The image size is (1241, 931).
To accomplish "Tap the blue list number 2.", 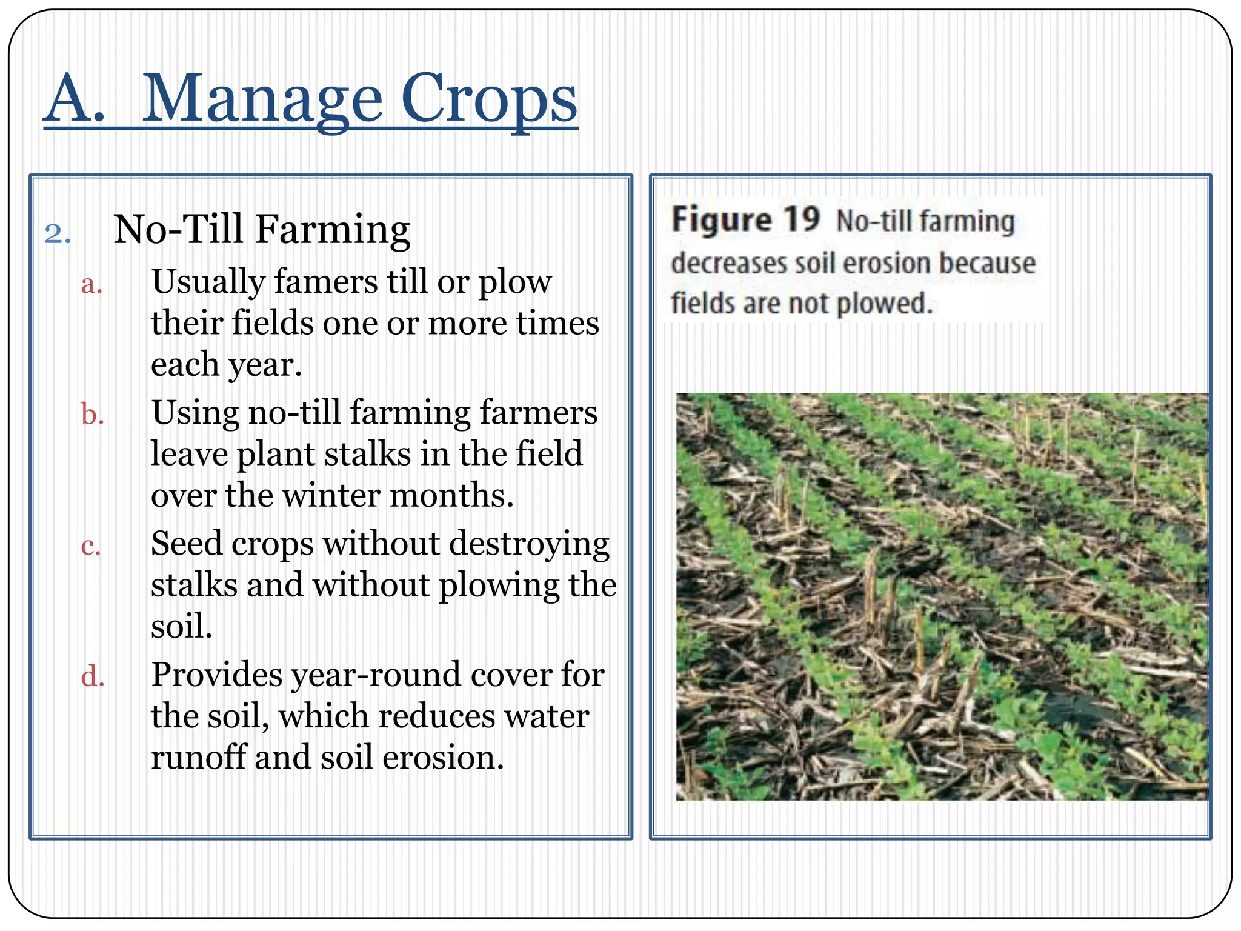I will click(57, 234).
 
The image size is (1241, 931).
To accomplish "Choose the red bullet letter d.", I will click(93, 676).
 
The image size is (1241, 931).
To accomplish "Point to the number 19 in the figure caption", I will click(800, 219).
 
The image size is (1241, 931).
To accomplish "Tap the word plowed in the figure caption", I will click(885, 303).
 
